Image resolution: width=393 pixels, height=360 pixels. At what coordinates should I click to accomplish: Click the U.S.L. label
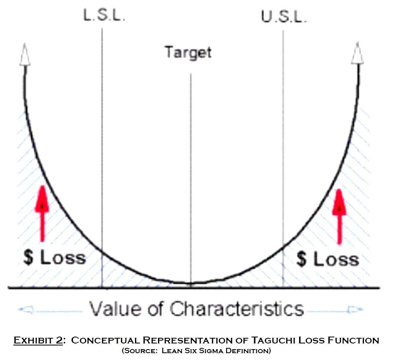pyautogui.click(x=283, y=17)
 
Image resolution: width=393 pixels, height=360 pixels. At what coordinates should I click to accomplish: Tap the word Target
pyautogui.click(x=188, y=52)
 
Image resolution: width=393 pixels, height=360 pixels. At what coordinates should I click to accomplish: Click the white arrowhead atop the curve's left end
pyautogui.click(x=25, y=54)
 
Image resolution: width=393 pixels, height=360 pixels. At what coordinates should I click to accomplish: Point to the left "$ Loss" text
pyautogui.click(x=54, y=257)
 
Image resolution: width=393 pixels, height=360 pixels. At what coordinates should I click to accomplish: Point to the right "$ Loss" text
pyautogui.click(x=327, y=259)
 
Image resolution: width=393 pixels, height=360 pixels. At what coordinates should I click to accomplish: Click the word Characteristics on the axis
pyautogui.click(x=236, y=309)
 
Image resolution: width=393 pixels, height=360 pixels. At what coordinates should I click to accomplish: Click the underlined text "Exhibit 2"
pyautogui.click(x=38, y=340)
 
